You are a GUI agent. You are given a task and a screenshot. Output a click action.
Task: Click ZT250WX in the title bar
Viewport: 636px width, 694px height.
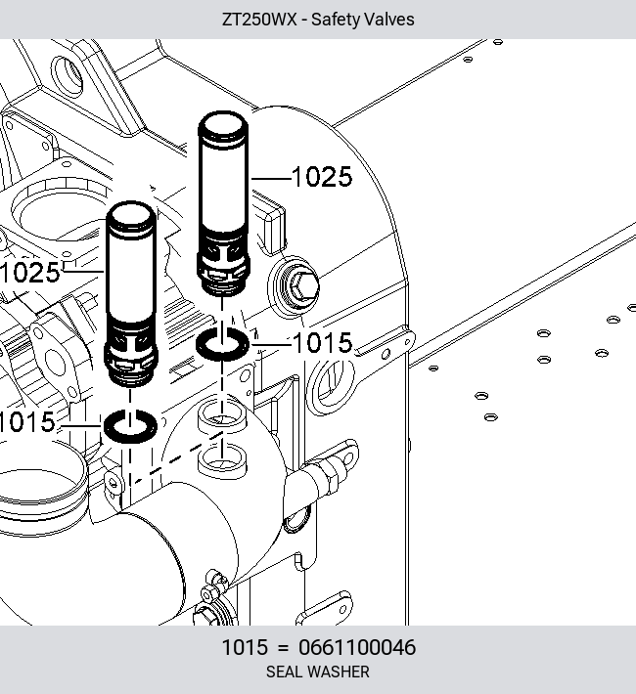pyautogui.click(x=259, y=20)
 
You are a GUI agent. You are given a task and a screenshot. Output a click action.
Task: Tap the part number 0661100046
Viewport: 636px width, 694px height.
pyautogui.click(x=357, y=647)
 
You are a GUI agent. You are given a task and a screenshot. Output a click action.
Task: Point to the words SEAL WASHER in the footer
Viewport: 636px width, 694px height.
pyautogui.click(x=318, y=672)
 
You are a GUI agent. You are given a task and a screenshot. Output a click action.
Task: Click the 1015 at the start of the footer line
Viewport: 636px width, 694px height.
pyautogui.click(x=245, y=647)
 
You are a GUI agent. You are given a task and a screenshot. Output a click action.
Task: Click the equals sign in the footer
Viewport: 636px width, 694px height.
pyautogui.click(x=283, y=648)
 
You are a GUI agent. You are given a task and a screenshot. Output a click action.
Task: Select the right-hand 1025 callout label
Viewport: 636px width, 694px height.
pyautogui.click(x=322, y=177)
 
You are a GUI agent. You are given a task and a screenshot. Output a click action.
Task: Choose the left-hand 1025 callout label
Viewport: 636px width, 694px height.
pyautogui.click(x=30, y=272)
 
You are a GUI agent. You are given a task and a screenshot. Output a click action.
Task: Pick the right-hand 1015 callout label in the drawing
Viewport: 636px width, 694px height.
pyautogui.click(x=323, y=343)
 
